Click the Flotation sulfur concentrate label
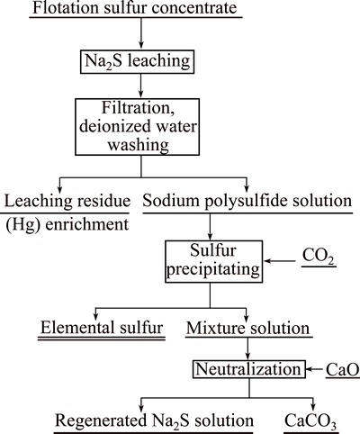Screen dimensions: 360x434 135,7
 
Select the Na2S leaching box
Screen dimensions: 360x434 137,62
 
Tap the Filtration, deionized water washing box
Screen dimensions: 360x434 137,127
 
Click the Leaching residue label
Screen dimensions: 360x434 67,201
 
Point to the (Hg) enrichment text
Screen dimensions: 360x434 67,224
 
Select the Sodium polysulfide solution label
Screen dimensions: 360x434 247,201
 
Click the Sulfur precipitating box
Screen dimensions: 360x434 213,261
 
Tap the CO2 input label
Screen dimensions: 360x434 319,257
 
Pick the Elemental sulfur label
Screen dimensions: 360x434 102,328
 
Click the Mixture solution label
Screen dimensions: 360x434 247,328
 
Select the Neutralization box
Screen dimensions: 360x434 248,369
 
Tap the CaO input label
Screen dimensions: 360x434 343,369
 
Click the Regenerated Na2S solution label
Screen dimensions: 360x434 155,420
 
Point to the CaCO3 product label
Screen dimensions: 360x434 310,420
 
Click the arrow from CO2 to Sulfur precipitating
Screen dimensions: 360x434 279,261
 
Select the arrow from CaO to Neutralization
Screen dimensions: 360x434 314,369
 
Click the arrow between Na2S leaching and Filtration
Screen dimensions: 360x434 140,86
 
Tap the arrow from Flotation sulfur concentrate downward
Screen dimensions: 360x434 140,32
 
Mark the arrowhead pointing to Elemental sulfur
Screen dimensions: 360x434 95,316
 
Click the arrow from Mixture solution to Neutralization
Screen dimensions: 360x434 247,348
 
